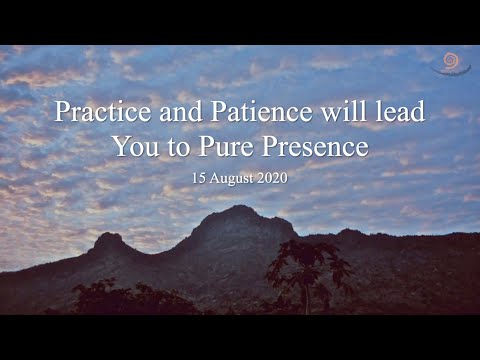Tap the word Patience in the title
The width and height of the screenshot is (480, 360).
click(x=238, y=112)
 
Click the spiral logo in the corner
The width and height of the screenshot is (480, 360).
click(x=451, y=64)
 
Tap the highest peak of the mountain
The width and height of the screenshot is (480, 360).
click(x=241, y=209)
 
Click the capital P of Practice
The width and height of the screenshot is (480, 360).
click(x=61, y=112)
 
